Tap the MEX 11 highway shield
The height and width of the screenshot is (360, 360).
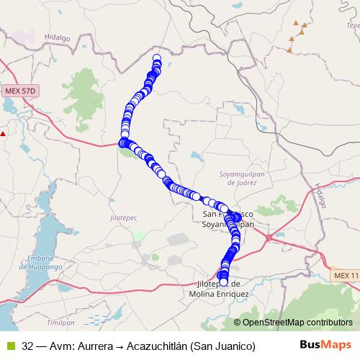pyautogui.click(x=346, y=276)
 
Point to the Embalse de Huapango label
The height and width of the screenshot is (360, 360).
pyautogui.click(x=45, y=263)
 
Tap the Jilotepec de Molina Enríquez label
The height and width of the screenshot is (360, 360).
pyautogui.click(x=219, y=289)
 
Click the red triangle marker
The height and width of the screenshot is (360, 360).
pyautogui.click(x=3, y=133)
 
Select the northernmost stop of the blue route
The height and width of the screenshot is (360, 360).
pyautogui.click(x=157, y=58)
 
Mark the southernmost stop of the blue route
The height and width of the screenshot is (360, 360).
pyautogui.click(x=224, y=282)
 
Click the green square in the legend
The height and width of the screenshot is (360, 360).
pyautogui.click(x=10, y=346)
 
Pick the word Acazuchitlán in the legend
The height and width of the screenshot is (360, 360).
pyautogui.click(x=159, y=346)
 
